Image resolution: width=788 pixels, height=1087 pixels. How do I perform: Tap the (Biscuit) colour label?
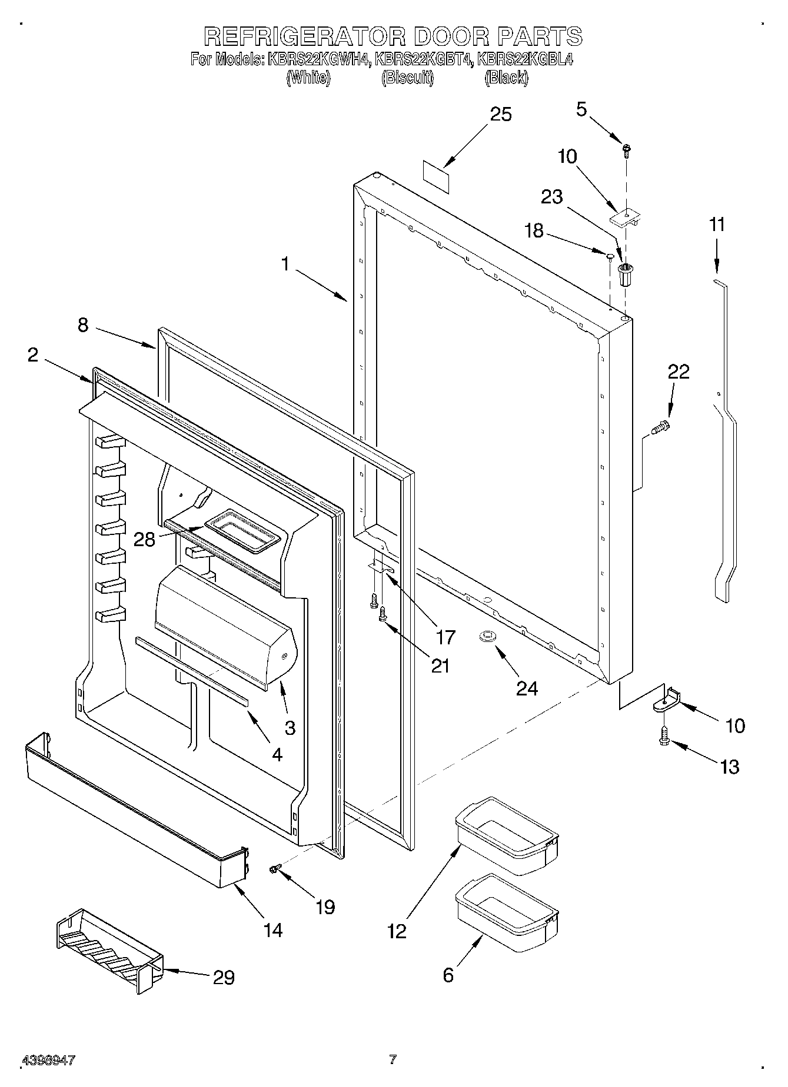(x=407, y=78)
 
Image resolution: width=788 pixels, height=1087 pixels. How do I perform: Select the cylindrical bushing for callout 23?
(x=625, y=274)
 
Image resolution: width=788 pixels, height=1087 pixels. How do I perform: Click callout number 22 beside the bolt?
(x=678, y=372)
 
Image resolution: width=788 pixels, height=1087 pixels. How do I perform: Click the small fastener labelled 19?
(x=274, y=868)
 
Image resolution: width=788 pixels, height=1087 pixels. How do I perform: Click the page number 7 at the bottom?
(x=393, y=1059)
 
